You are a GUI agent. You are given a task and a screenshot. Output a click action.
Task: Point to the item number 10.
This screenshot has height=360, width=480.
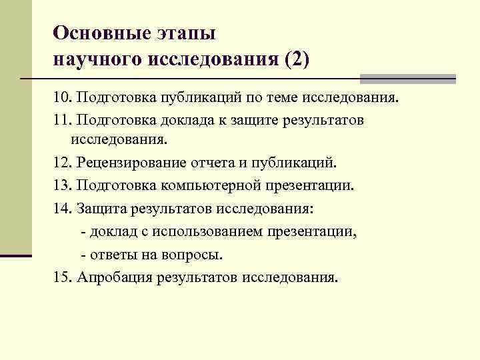click(x=61, y=99)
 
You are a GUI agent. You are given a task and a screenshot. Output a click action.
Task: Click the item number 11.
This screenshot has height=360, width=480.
click(x=61, y=120)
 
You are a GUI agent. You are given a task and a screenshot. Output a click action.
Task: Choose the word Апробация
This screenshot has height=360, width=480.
click(x=114, y=277)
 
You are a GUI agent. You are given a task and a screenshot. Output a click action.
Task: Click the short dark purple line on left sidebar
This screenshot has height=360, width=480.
click(x=15, y=255)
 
